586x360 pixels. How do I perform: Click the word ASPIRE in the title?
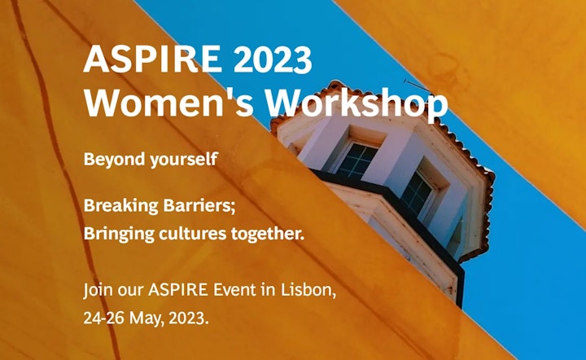pos(152,59)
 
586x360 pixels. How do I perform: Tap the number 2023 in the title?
pos(273,59)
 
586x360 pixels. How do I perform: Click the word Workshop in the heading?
pos(356,105)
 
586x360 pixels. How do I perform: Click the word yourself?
pos(184,160)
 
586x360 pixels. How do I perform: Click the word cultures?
pos(192,234)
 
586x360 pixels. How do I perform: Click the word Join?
pos(98,291)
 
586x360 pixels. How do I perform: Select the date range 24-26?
pos(104,318)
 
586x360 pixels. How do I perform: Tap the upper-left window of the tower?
pos(357,160)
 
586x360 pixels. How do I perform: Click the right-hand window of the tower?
pos(418,192)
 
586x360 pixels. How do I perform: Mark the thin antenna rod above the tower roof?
pos(418,86)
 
